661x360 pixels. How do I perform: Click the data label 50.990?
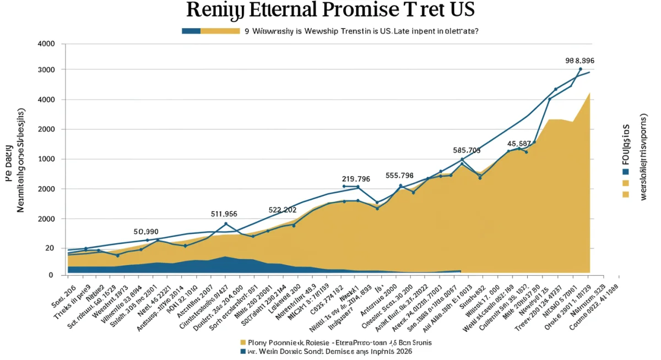click(x=146, y=232)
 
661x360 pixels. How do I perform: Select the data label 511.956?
click(x=224, y=214)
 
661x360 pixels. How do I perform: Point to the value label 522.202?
click(x=283, y=210)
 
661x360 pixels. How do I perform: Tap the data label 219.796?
click(x=356, y=179)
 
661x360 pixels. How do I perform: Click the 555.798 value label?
click(x=399, y=176)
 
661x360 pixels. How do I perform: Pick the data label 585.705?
click(x=467, y=150)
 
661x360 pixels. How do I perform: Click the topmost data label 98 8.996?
click(x=580, y=61)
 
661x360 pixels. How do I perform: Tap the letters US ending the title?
click(x=459, y=11)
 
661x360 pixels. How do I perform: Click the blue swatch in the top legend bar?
click(x=191, y=31)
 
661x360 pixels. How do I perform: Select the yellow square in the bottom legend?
click(x=242, y=342)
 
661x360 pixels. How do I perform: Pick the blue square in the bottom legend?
click(x=242, y=351)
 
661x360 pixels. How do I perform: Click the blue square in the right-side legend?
click(x=625, y=171)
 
